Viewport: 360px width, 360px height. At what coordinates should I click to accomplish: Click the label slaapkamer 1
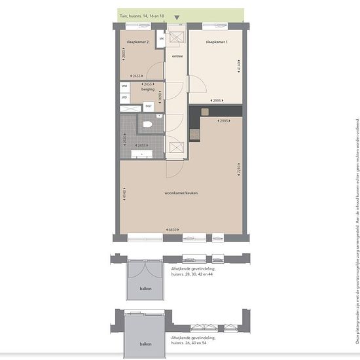[216, 41]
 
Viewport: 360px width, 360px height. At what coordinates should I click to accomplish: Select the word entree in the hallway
[177, 56]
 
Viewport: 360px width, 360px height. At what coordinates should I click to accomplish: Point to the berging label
[147, 88]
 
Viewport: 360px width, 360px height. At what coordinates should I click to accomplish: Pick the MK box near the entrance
[160, 38]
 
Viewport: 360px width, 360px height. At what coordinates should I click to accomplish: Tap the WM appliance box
[124, 86]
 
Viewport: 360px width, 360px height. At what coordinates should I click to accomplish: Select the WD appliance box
[124, 98]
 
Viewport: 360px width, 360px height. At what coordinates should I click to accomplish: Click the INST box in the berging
[149, 105]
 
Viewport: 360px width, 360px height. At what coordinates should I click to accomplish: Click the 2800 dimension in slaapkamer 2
[124, 56]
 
